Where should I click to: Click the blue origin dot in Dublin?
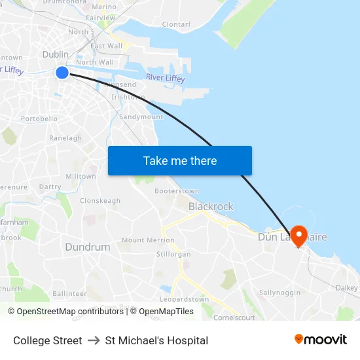click(62, 72)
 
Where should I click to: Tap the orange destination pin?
click(298, 236)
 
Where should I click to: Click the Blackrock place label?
click(211, 206)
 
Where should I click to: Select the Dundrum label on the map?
click(87, 247)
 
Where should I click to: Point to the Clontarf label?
click(176, 24)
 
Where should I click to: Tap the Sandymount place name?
click(141, 117)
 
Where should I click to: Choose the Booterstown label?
click(177, 191)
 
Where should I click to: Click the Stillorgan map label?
click(173, 253)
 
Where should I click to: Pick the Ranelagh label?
click(65, 138)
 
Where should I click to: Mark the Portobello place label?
click(39, 119)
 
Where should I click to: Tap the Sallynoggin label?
click(279, 292)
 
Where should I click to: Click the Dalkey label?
click(347, 287)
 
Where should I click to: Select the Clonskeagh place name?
click(100, 201)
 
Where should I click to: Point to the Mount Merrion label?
click(148, 240)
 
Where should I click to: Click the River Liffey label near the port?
click(165, 79)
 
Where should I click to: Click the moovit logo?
click(320, 340)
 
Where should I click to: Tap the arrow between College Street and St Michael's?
click(94, 340)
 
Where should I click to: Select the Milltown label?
click(81, 177)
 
